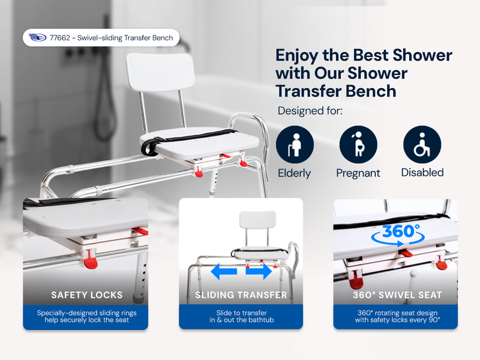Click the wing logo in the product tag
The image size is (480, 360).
point(37,37)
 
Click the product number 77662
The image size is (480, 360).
point(60,38)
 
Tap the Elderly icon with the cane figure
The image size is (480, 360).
point(295,145)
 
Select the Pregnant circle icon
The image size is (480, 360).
point(358,145)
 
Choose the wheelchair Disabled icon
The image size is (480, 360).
point(422,145)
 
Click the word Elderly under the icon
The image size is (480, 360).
point(294,173)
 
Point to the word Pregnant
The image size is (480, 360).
point(358,173)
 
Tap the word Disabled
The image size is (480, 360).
point(422,173)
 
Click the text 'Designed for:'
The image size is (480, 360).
point(310,111)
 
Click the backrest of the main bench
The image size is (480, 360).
point(160,72)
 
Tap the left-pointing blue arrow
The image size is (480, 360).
point(224,272)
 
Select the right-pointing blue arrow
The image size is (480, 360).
point(259,272)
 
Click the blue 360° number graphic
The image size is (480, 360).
point(401,231)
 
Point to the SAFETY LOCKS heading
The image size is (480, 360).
point(87,295)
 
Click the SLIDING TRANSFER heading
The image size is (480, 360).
point(241,295)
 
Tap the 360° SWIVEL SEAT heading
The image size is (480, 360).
point(397,295)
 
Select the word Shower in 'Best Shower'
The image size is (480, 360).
point(422,55)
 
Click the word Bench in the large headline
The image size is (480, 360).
point(371,91)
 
